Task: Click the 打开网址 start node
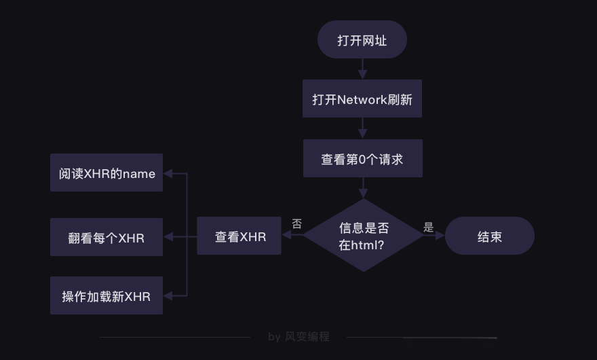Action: point(362,40)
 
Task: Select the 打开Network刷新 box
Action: point(362,99)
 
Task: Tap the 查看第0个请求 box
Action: point(362,159)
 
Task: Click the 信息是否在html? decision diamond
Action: point(363,235)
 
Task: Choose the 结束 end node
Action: point(489,236)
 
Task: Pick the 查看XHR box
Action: point(239,236)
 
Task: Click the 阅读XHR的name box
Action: point(107,173)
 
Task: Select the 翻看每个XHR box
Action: point(107,237)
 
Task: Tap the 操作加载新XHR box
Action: point(107,296)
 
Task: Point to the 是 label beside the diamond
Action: point(428,228)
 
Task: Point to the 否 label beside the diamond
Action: point(296,223)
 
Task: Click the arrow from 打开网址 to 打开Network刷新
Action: point(362,69)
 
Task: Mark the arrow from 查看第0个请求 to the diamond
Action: point(362,188)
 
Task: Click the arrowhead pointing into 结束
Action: point(440,236)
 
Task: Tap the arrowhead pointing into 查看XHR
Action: point(286,236)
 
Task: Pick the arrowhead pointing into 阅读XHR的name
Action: point(168,173)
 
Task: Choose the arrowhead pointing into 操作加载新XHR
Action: point(168,295)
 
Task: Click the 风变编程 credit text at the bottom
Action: point(307,336)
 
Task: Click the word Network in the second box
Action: point(362,100)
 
